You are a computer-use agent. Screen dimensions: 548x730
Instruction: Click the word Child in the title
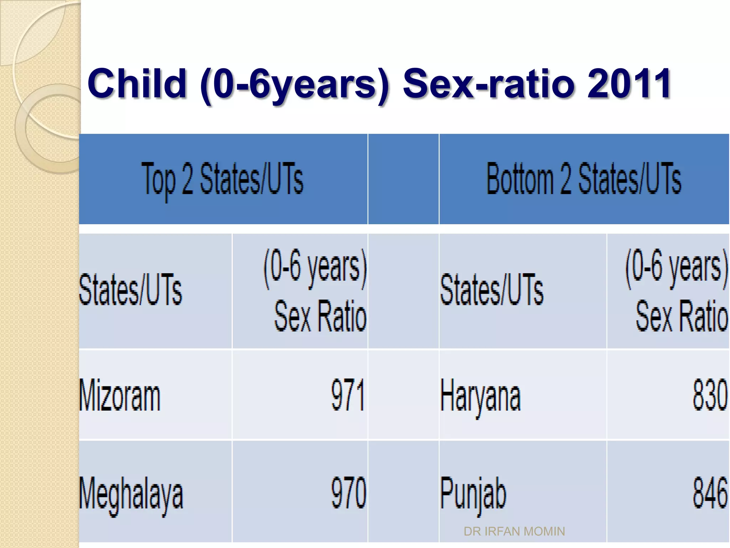pos(137,84)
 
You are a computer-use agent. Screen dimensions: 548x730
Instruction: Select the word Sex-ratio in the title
pos(488,84)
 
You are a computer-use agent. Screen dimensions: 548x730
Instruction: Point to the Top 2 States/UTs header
pos(223,178)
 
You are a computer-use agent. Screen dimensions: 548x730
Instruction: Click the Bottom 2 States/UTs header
pos(584,178)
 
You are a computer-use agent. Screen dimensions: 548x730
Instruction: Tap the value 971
pos(348,395)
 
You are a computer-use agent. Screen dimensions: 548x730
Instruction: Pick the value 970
pos(349,493)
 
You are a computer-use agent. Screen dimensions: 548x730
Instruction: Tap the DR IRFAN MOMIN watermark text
pos(514,532)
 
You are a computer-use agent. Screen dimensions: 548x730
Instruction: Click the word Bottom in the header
pos(520,178)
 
